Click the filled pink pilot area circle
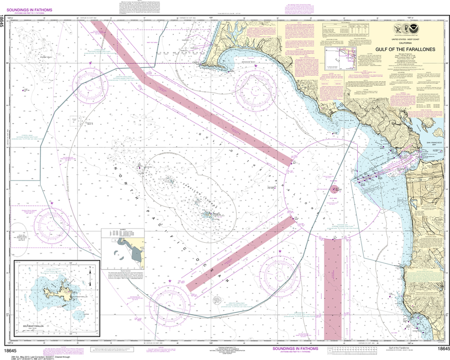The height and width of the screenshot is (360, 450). tap(334, 189)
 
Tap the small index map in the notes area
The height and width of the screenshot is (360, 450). tap(341, 59)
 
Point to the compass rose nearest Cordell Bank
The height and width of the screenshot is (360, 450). tap(91, 85)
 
